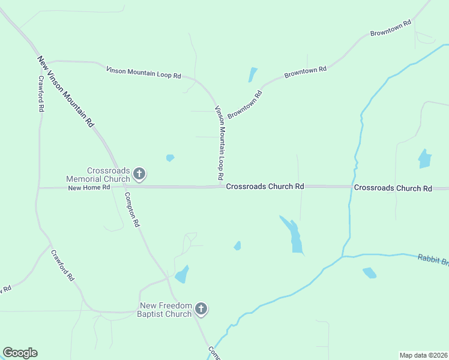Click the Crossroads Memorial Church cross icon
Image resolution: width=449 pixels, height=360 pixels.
(x=139, y=175)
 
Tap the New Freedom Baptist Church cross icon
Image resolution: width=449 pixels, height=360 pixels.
(x=201, y=310)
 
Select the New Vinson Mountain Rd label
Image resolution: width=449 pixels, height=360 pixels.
(x=67, y=91)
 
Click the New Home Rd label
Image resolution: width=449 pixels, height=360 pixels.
(x=89, y=187)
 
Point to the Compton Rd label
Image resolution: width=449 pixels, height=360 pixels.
(x=132, y=209)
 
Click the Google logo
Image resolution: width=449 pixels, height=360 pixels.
(x=20, y=353)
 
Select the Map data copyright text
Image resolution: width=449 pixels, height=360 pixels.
(x=423, y=355)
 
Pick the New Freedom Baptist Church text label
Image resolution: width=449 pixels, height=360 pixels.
(x=164, y=310)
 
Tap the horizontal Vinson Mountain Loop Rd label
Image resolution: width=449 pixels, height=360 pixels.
(x=143, y=73)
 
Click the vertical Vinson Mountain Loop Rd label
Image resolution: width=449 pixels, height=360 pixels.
(x=220, y=144)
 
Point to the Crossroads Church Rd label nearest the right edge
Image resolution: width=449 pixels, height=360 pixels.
(x=393, y=188)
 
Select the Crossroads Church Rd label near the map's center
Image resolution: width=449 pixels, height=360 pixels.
(x=265, y=187)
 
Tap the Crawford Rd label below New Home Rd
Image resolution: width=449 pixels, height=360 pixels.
(x=62, y=266)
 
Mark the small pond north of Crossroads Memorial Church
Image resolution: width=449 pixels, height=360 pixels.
(x=170, y=158)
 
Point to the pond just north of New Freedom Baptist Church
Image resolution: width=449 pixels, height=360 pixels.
(x=182, y=274)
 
